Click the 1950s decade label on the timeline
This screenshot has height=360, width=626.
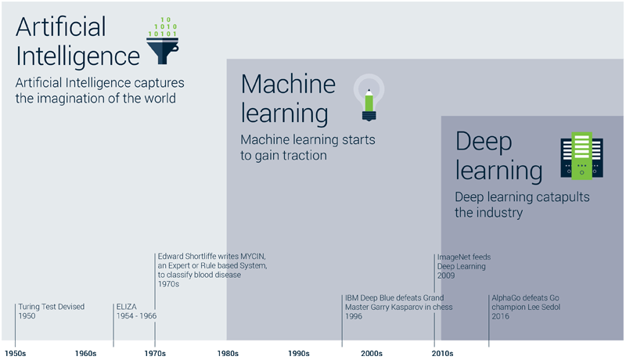tap(15, 354)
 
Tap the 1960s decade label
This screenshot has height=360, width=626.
tap(86, 354)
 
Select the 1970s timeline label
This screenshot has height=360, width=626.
tap(155, 354)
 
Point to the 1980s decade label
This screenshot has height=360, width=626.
tap(228, 354)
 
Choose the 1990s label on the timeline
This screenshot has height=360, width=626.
tap(299, 354)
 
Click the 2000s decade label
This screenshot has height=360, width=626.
tap(372, 354)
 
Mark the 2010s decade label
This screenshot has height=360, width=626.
tap(442, 354)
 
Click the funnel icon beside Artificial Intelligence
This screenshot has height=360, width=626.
tap(163, 41)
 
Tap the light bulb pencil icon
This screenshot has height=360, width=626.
tap(369, 98)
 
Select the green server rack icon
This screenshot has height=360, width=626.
tap(581, 156)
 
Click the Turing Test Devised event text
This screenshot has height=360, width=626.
tap(52, 307)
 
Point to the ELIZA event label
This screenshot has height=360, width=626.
tap(127, 307)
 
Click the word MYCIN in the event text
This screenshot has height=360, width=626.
tap(252, 256)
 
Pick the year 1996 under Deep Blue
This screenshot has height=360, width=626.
tap(354, 316)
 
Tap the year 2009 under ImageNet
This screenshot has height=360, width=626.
tap(446, 275)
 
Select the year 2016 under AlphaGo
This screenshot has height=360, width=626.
tap(500, 316)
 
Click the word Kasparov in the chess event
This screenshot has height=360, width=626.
tap(404, 307)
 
